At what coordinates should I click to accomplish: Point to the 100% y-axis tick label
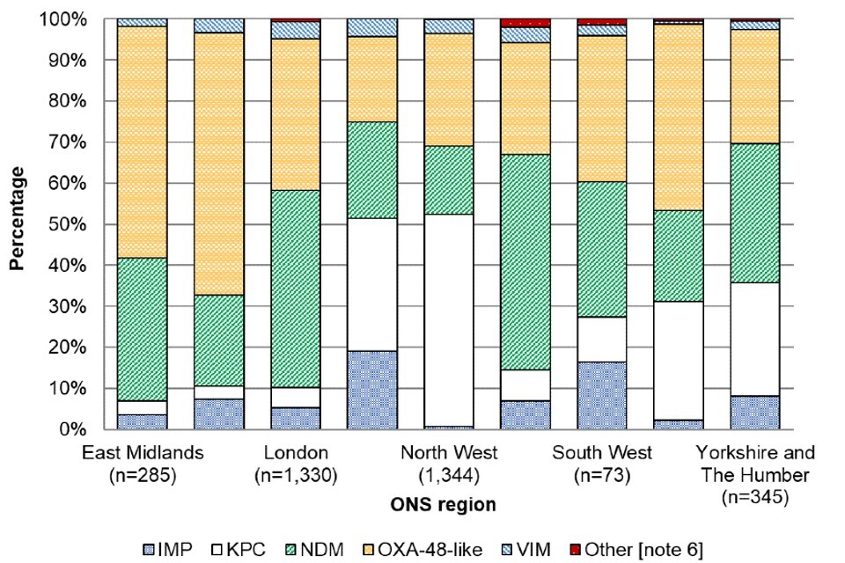[68, 18]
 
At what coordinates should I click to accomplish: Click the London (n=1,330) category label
[296, 463]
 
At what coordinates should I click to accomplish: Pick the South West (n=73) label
[602, 463]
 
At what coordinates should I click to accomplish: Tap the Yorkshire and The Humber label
[754, 472]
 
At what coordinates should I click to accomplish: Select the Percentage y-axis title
[16, 224]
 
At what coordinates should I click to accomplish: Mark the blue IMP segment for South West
[602, 395]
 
